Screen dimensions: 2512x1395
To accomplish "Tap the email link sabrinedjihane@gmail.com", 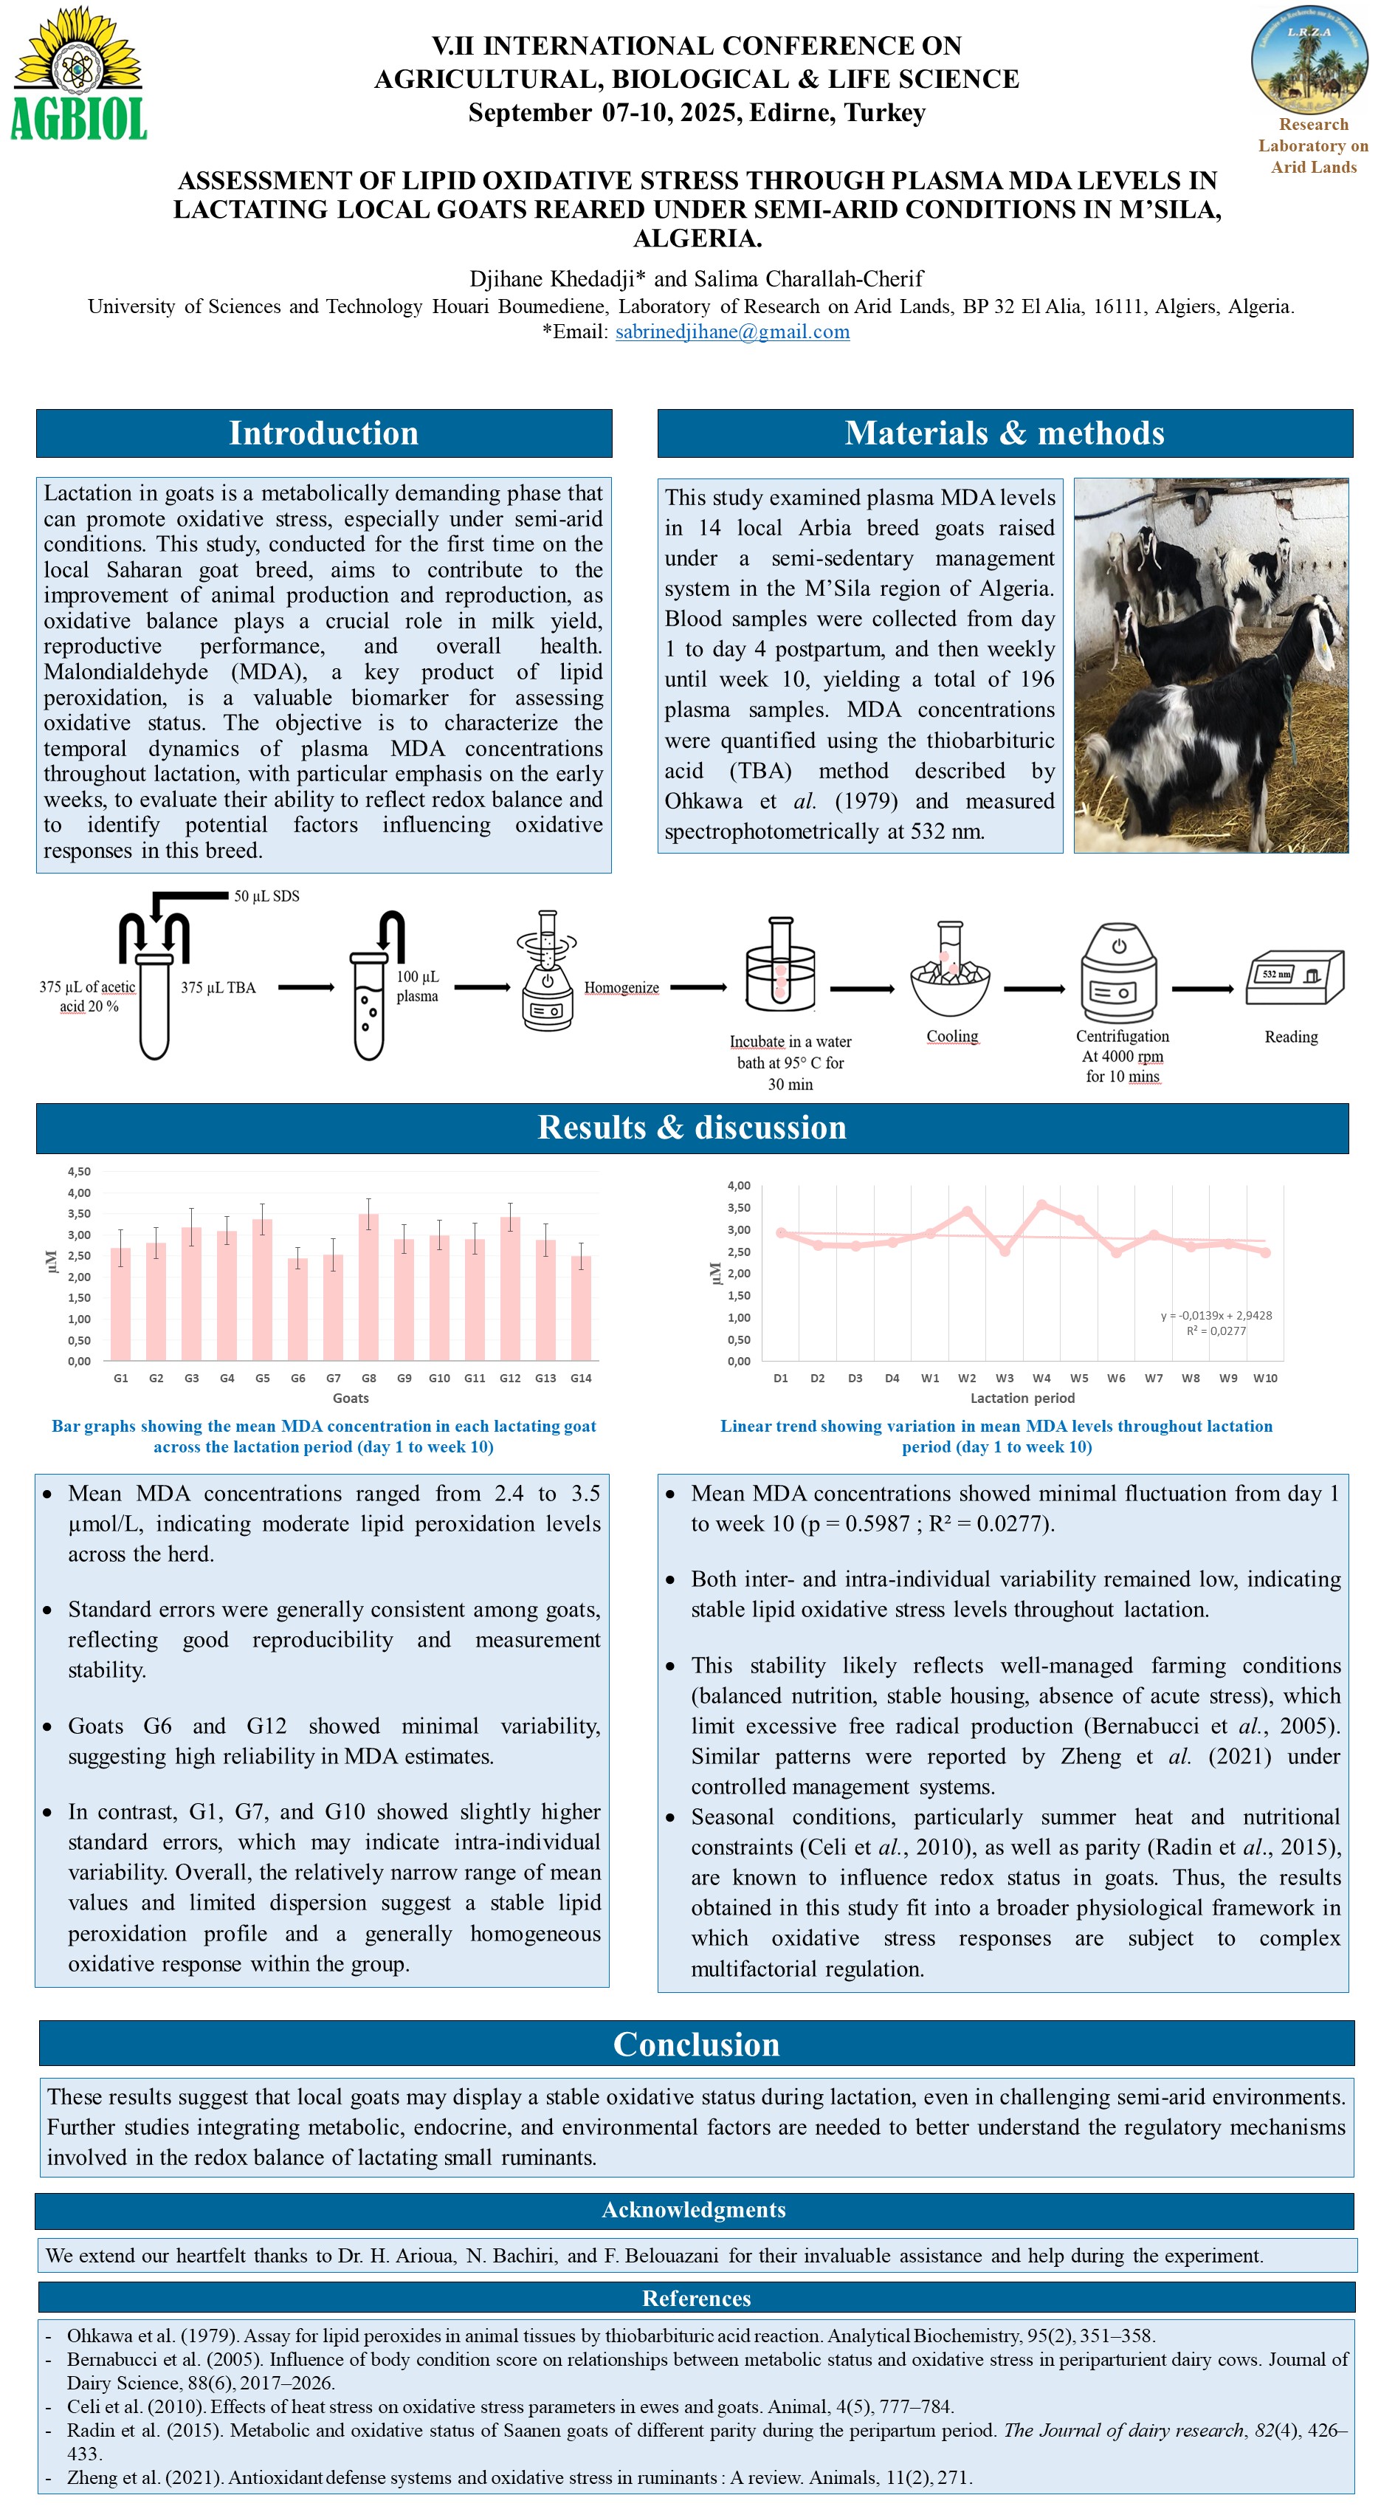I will (x=732, y=332).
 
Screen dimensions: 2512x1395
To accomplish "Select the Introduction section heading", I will (x=323, y=433).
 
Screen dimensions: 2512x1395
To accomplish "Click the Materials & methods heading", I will (x=1004, y=433).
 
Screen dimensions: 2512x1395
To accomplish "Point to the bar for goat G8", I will (x=368, y=1286).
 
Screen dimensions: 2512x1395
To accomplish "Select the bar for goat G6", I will (x=297, y=1308).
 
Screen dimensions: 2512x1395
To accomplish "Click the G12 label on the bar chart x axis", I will (x=510, y=1378).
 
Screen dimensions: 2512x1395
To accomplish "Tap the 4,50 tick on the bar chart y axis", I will (x=79, y=1171).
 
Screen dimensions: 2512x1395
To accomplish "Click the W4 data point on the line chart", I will (x=1041, y=1205).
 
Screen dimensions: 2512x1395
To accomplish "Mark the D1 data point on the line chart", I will (x=781, y=1232).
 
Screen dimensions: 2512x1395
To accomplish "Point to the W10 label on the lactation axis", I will (x=1264, y=1378).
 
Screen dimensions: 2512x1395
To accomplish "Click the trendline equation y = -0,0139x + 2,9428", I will (x=1216, y=1316).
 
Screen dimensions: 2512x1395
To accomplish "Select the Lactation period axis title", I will (x=1022, y=1399).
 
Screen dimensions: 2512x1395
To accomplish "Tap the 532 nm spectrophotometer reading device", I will (x=1294, y=976).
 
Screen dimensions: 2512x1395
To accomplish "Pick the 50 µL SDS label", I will (x=266, y=896).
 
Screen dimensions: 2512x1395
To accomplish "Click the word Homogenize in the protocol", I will (x=621, y=988).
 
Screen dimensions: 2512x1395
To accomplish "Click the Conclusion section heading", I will (x=696, y=2044).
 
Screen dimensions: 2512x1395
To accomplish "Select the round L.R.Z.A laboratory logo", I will (x=1309, y=58).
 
